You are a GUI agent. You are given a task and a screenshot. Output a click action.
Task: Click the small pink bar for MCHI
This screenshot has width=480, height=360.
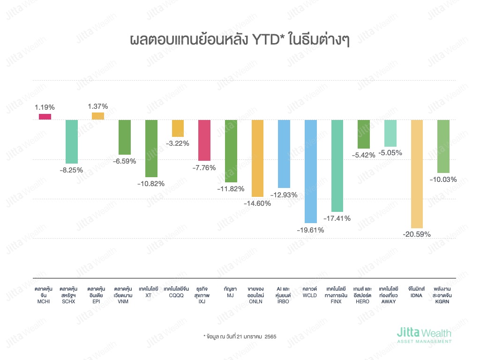pos(45,117)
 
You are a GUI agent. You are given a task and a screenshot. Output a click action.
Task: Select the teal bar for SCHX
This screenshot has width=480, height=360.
pos(72,142)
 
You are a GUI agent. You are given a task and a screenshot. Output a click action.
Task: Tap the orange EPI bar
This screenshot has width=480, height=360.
pos(98,116)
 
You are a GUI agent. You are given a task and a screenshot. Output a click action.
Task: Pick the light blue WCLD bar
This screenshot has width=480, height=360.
pos(311,171)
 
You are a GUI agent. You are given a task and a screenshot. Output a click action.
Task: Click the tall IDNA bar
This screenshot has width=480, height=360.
pos(417,174)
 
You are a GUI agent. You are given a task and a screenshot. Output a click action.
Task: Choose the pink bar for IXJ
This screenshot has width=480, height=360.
pos(204,140)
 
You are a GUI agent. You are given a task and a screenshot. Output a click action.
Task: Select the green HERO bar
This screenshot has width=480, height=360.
pos(364,134)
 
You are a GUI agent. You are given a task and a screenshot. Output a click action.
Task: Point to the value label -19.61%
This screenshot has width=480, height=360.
pos(310,230)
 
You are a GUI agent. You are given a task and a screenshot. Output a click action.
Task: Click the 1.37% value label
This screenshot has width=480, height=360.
pos(98,106)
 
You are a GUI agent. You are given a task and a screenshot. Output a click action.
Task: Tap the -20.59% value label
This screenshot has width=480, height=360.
pos(417,234)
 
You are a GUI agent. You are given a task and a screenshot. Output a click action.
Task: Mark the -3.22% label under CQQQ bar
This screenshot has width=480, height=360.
pos(177,143)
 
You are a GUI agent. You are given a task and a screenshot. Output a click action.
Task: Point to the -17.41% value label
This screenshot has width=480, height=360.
pos(337,218)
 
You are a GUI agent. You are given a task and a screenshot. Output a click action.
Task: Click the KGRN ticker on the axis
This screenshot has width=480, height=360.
pos(443,301)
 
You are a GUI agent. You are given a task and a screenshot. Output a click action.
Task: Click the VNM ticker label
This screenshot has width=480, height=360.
pos(124,301)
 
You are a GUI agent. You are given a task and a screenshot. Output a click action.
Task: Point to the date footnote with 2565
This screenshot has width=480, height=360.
pos(236,337)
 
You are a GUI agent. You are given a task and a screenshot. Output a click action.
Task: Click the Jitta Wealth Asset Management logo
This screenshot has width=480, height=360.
pos(424,336)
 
